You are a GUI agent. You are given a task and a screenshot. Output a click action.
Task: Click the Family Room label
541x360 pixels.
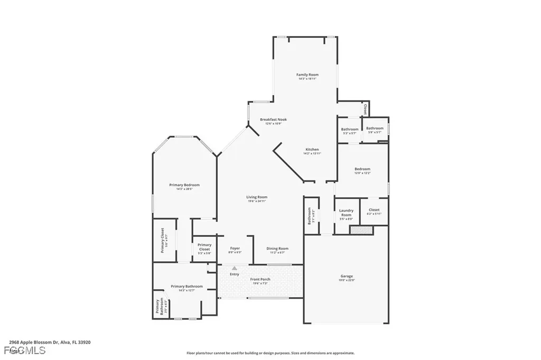(307, 75)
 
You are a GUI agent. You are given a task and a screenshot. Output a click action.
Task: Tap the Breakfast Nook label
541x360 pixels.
(273, 120)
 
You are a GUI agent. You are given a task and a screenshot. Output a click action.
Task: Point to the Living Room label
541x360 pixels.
(257, 197)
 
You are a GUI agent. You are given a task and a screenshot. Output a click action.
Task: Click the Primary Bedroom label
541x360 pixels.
(184, 185)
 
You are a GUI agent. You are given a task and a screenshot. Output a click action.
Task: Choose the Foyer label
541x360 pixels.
(235, 248)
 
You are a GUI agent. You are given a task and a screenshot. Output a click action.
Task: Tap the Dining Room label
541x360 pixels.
(277, 248)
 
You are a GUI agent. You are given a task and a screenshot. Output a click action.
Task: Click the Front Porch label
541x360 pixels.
(260, 279)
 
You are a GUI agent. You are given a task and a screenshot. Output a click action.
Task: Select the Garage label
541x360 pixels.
(346, 276)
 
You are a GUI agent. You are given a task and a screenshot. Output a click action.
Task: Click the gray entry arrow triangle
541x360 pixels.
(235, 269)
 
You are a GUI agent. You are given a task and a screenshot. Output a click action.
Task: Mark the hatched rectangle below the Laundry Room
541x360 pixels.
(361, 230)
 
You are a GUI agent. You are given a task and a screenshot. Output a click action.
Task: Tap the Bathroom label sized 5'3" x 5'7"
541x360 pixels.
(349, 129)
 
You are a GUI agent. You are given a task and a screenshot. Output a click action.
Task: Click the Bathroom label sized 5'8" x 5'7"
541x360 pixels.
(375, 128)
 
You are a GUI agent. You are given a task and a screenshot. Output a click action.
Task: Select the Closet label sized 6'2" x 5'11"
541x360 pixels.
(374, 210)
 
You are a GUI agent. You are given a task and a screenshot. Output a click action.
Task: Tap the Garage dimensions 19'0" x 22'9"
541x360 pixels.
(346, 280)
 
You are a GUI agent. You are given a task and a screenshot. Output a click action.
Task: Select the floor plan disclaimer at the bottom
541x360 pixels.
(270, 353)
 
